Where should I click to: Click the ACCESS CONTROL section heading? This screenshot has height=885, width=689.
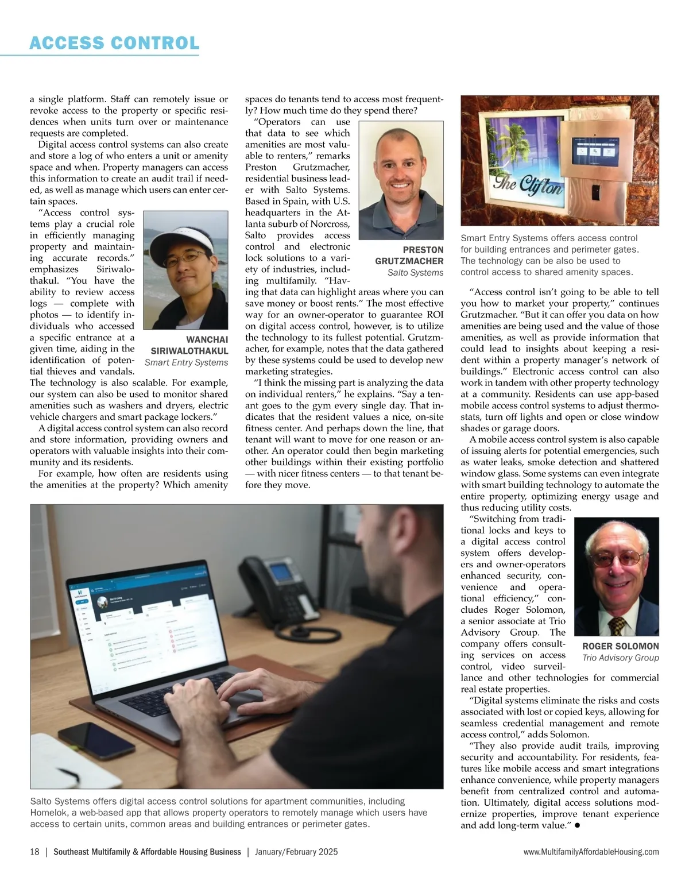coord(114,43)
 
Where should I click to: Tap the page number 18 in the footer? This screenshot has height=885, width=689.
coord(34,852)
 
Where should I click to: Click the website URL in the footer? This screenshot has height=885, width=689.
coord(591,852)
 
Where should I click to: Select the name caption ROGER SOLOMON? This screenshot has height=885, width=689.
coord(620,646)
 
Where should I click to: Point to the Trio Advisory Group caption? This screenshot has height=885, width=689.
coord(620,658)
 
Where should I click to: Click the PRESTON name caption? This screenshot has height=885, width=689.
coord(423,250)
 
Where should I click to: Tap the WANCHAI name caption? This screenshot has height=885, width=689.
coord(207,339)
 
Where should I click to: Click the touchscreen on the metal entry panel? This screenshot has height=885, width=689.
coord(598,149)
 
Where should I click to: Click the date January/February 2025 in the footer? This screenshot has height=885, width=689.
coord(296,852)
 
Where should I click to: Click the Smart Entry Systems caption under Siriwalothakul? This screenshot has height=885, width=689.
coord(186,362)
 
